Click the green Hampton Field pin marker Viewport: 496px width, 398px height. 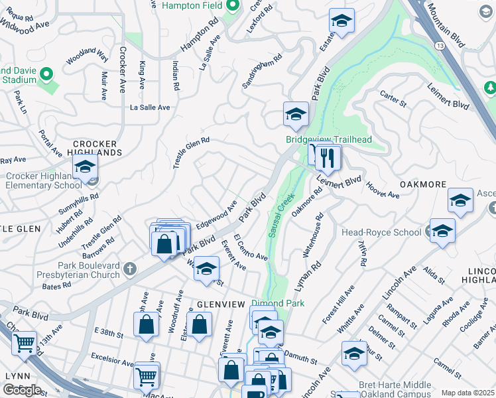click(232, 6)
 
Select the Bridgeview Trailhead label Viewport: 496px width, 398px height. click(328, 139)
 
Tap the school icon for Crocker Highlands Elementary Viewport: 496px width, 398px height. click(86, 168)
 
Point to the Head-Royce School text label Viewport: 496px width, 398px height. click(381, 232)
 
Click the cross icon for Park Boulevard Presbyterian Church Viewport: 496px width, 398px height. click(130, 269)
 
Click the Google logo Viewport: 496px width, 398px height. click(22, 390)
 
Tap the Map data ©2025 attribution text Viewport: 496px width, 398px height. click(467, 393)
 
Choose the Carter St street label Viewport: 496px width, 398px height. click(393, 99)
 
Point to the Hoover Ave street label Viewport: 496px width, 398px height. click(383, 190)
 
